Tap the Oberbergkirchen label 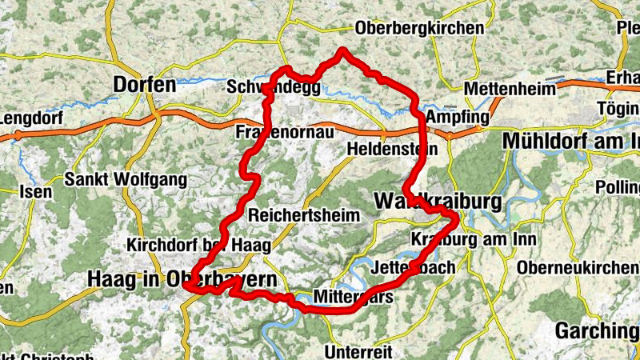coord(420,28)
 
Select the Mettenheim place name coord(502,88)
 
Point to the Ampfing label coord(457,117)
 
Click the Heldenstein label coord(393,149)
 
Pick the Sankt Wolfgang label coord(127,178)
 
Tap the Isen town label coord(36,192)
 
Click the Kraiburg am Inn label coord(473,239)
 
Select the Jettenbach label coord(414,266)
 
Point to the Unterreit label coord(358,351)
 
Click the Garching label coord(597,330)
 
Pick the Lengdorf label coord(30,119)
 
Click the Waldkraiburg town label coord(438,198)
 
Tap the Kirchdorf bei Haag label coord(198,244)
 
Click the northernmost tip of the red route coord(343,50)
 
